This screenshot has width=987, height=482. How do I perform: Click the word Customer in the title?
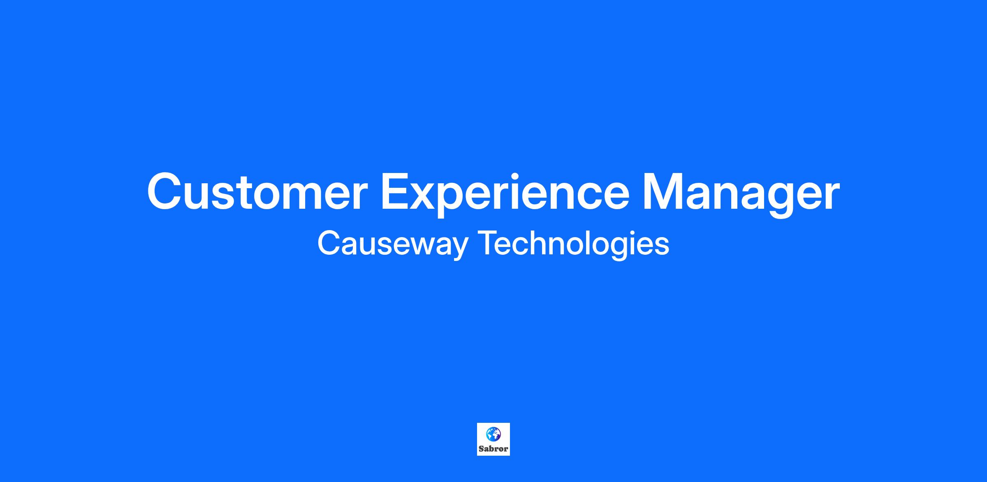(x=257, y=191)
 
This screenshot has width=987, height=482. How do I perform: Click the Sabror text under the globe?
(x=493, y=449)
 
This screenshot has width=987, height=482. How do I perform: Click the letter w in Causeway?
(x=417, y=247)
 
